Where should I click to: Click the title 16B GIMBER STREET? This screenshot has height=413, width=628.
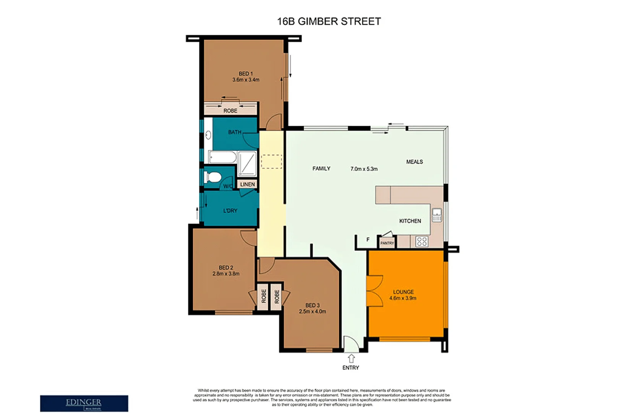pos(329,21)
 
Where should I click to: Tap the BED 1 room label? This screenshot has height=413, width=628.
pos(246,74)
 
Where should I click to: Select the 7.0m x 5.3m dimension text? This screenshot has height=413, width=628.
pos(364,169)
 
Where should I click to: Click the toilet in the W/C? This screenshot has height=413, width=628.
pos(213,177)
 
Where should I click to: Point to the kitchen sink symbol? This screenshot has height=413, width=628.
pos(437,215)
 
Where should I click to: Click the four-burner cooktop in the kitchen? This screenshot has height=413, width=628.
pos(422,241)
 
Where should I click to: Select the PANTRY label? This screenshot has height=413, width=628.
pos(387,243)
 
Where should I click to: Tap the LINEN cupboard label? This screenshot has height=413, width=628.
pos(247,184)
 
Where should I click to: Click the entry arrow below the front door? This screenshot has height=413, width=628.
pos(351,358)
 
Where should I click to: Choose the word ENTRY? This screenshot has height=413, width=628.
pos(351,367)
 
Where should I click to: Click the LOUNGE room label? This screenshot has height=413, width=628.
pos(403,292)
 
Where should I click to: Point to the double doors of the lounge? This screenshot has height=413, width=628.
pos(374,290)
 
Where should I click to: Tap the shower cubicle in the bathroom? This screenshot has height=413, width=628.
pos(247,163)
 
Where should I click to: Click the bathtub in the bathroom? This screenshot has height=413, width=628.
pos(222,157)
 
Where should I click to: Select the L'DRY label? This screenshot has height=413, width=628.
pos(230,211)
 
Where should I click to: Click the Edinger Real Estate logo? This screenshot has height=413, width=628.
pos(84,403)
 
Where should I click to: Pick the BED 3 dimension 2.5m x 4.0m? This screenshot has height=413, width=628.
pos(312,311)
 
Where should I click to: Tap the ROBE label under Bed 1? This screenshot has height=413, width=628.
pos(230,111)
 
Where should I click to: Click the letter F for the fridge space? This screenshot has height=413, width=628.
pos(368,240)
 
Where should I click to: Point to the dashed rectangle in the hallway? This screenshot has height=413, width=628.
pos(271,161)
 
